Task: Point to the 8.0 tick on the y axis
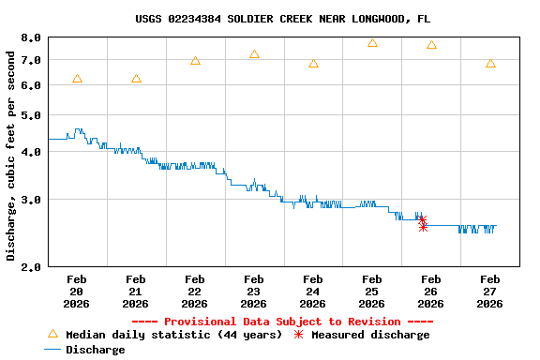(x=31, y=38)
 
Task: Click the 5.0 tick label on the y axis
(x=31, y=116)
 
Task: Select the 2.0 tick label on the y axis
(x=31, y=267)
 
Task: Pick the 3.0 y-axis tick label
(x=31, y=200)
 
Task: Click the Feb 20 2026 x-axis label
(x=77, y=292)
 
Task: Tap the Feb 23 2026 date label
(x=254, y=292)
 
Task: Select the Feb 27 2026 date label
(x=490, y=292)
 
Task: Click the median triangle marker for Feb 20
(x=77, y=79)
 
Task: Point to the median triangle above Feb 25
(x=372, y=43)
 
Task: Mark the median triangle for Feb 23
(x=254, y=54)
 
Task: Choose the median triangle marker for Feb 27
(x=490, y=64)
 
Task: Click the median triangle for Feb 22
(x=195, y=61)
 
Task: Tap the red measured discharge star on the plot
(x=423, y=221)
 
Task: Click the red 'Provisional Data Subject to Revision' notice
(x=283, y=322)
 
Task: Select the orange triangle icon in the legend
(x=52, y=335)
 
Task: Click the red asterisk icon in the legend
(x=299, y=335)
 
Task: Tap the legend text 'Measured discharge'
(x=370, y=335)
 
